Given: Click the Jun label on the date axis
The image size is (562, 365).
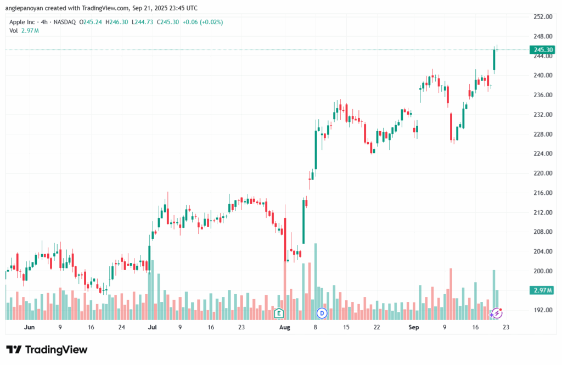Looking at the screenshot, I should [30, 327].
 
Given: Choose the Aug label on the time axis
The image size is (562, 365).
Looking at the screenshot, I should [284, 327].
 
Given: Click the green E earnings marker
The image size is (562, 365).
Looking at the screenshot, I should [279, 313].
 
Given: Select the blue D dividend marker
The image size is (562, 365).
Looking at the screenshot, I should [322, 313].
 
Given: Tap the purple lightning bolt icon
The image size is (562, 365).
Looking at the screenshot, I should [497, 313].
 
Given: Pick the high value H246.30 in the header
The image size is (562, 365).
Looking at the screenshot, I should [119, 23].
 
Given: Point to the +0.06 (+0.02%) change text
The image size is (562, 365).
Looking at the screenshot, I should [203, 23].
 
